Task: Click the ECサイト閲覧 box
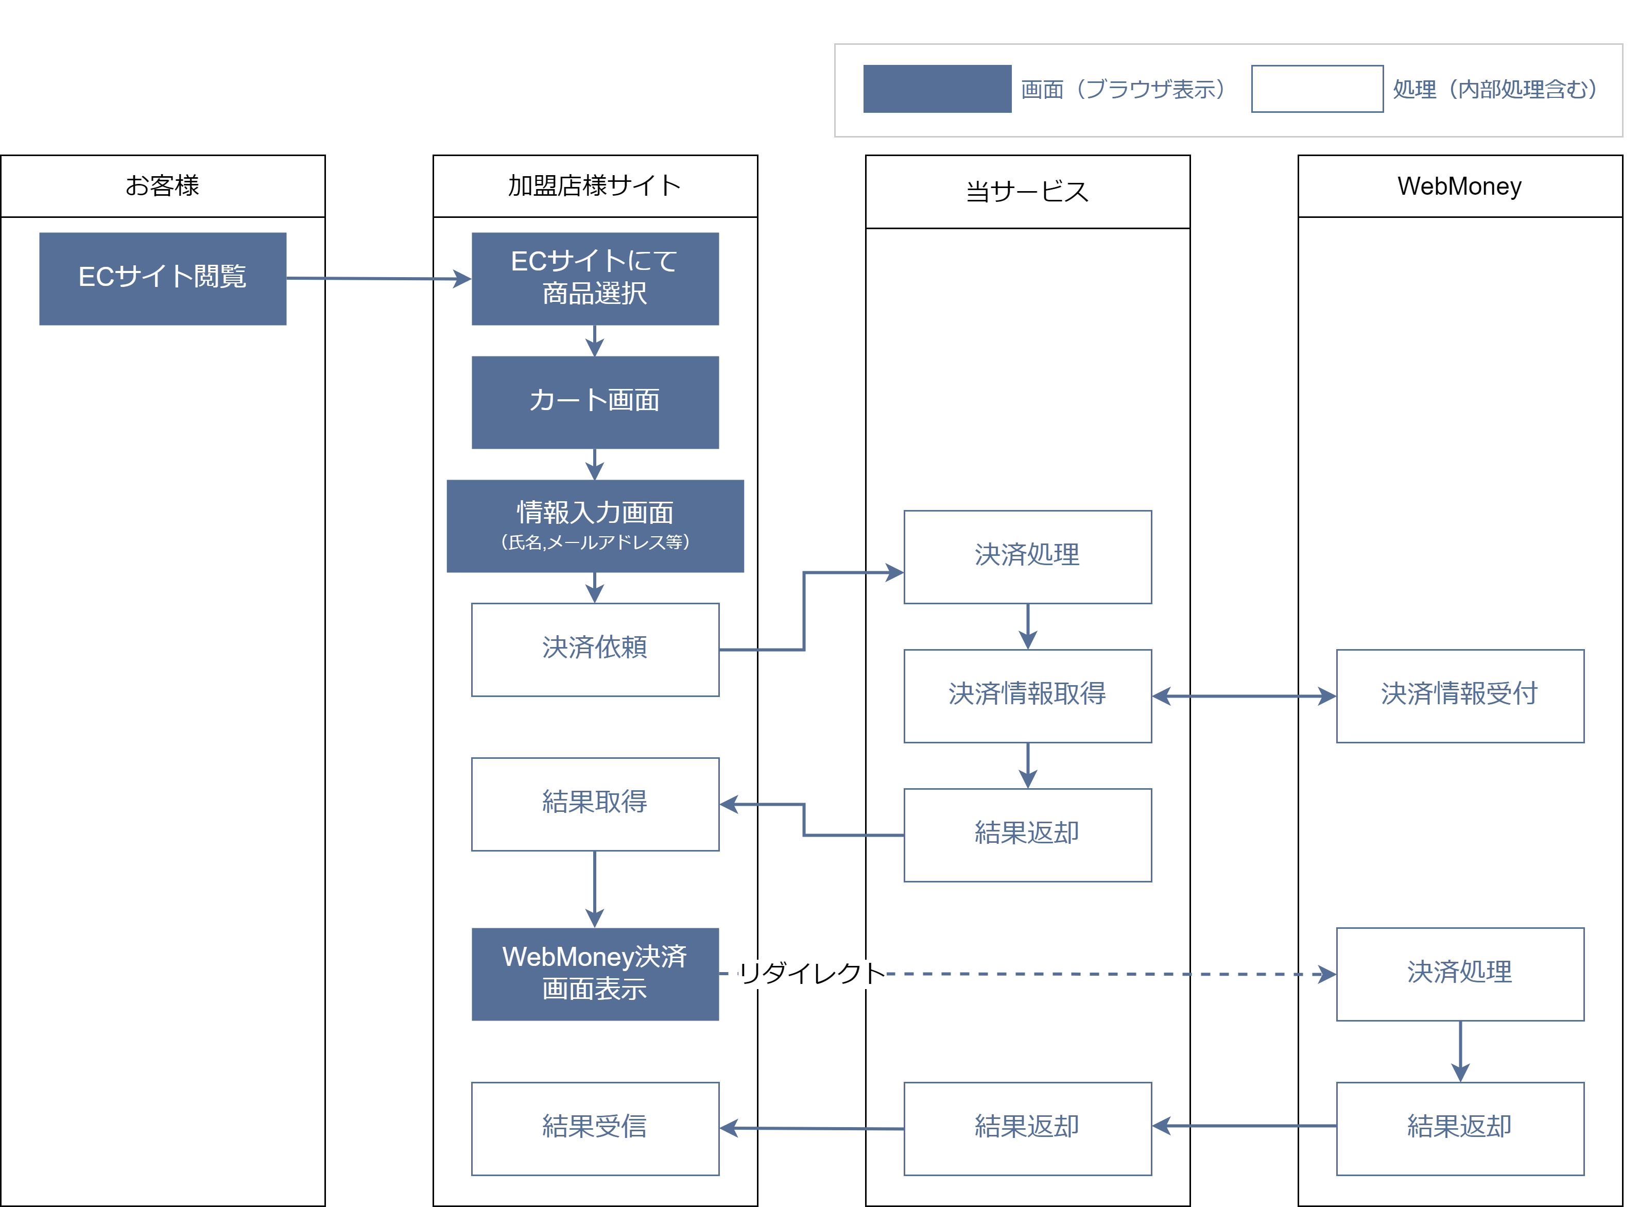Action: [162, 278]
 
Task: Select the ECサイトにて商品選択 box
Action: [595, 278]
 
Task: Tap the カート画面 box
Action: [595, 402]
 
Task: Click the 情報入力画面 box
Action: [595, 525]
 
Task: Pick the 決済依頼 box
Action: [595, 649]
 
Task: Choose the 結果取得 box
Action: [595, 804]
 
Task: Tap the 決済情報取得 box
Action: [1027, 695]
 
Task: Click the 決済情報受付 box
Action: [1459, 695]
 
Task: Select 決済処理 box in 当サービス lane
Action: [1027, 557]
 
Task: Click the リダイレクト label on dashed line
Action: [810, 973]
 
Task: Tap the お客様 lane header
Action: [162, 185]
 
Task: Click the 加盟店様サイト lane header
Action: [595, 185]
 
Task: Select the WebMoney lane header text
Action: [1459, 185]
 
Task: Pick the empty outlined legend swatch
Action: [1316, 89]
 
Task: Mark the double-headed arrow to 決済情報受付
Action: [1243, 695]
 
